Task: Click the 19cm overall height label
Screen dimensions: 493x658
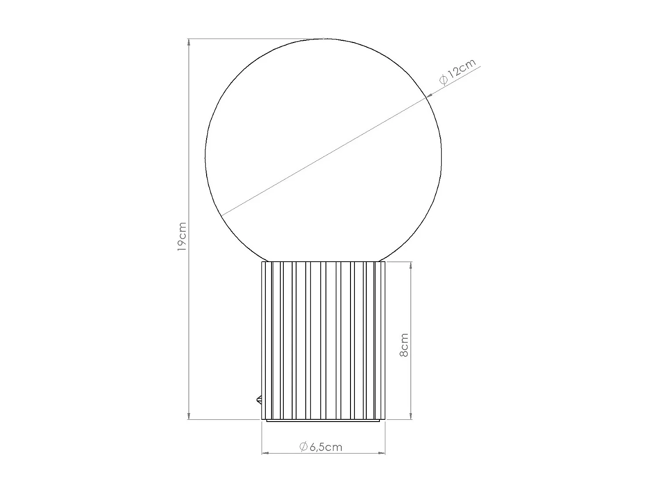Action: tap(182, 237)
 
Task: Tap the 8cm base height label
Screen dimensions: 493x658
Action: tap(404, 345)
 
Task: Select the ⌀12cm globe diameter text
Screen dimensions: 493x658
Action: tap(458, 72)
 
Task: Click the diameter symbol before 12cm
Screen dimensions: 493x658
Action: tap(443, 80)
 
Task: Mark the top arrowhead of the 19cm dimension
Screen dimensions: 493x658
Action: tap(189, 43)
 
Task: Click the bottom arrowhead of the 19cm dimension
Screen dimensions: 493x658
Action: tap(189, 416)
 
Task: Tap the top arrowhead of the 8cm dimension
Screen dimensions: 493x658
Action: tap(411, 265)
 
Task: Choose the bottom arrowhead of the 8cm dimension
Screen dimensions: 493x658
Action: tap(411, 416)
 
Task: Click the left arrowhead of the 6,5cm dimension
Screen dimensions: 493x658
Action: tap(265, 453)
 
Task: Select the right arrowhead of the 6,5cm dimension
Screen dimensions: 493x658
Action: tap(382, 453)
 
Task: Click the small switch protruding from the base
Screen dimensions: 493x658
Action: tap(259, 400)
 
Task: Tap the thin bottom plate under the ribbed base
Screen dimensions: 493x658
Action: tap(323, 421)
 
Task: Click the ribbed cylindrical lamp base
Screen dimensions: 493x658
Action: tap(323, 340)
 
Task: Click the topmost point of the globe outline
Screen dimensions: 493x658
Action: tap(324, 39)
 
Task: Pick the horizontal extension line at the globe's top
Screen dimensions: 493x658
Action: tap(254, 39)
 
